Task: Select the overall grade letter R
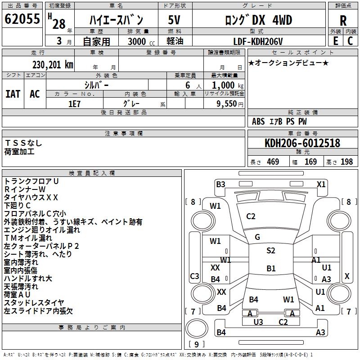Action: coord(343,21)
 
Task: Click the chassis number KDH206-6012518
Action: coord(302,144)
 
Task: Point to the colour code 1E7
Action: coord(74,103)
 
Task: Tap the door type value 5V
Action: coord(175,20)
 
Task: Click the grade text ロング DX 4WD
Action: coord(258,20)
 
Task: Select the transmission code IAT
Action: coord(13,94)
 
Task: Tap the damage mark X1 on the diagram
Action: coord(321,184)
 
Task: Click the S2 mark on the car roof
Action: coord(270,251)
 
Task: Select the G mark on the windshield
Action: coord(257,237)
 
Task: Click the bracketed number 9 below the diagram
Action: coord(197,345)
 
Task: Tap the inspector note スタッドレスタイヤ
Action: coord(34,302)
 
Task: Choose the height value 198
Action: coord(346,162)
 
